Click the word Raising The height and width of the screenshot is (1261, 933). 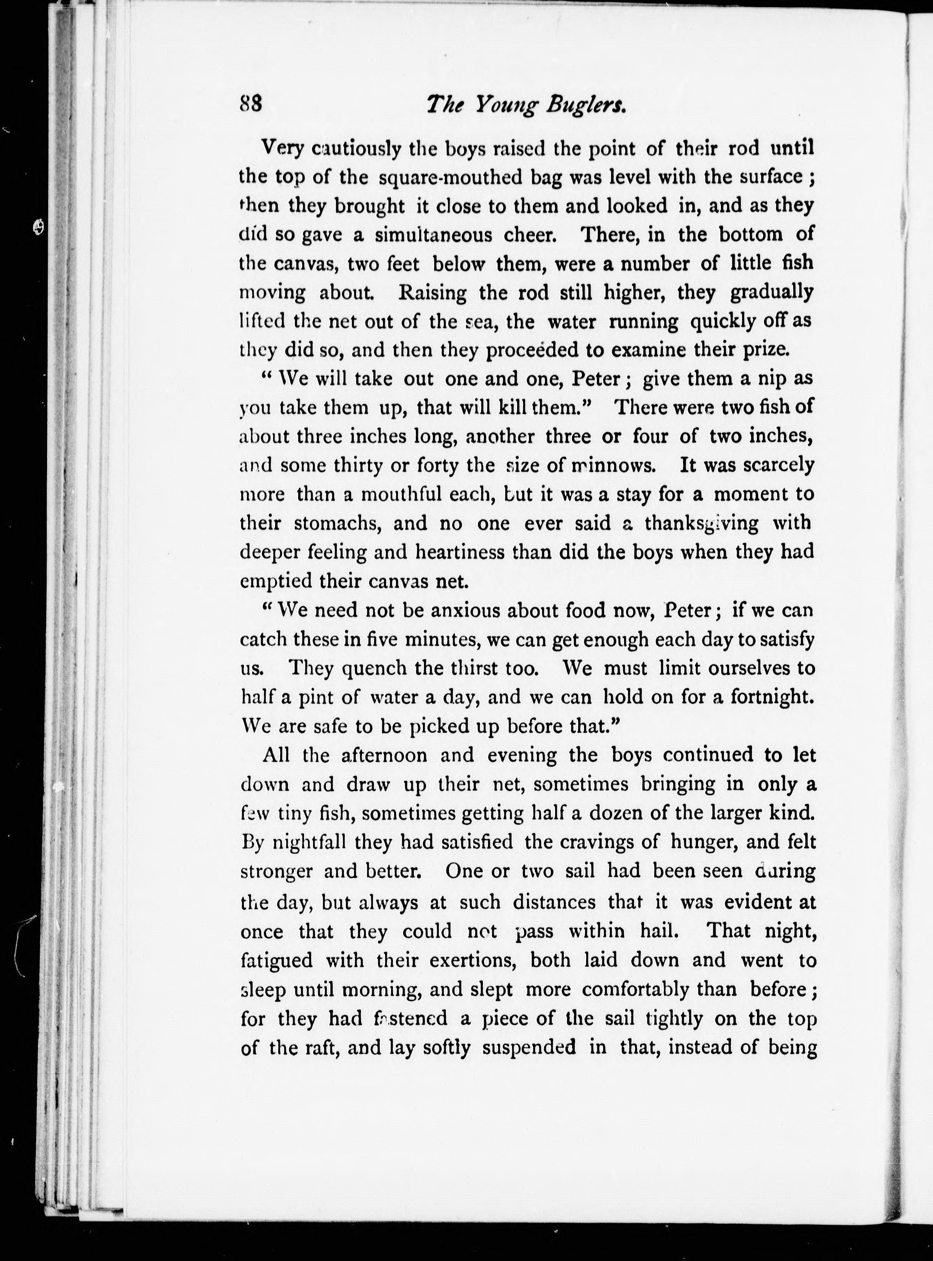coord(433,293)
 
